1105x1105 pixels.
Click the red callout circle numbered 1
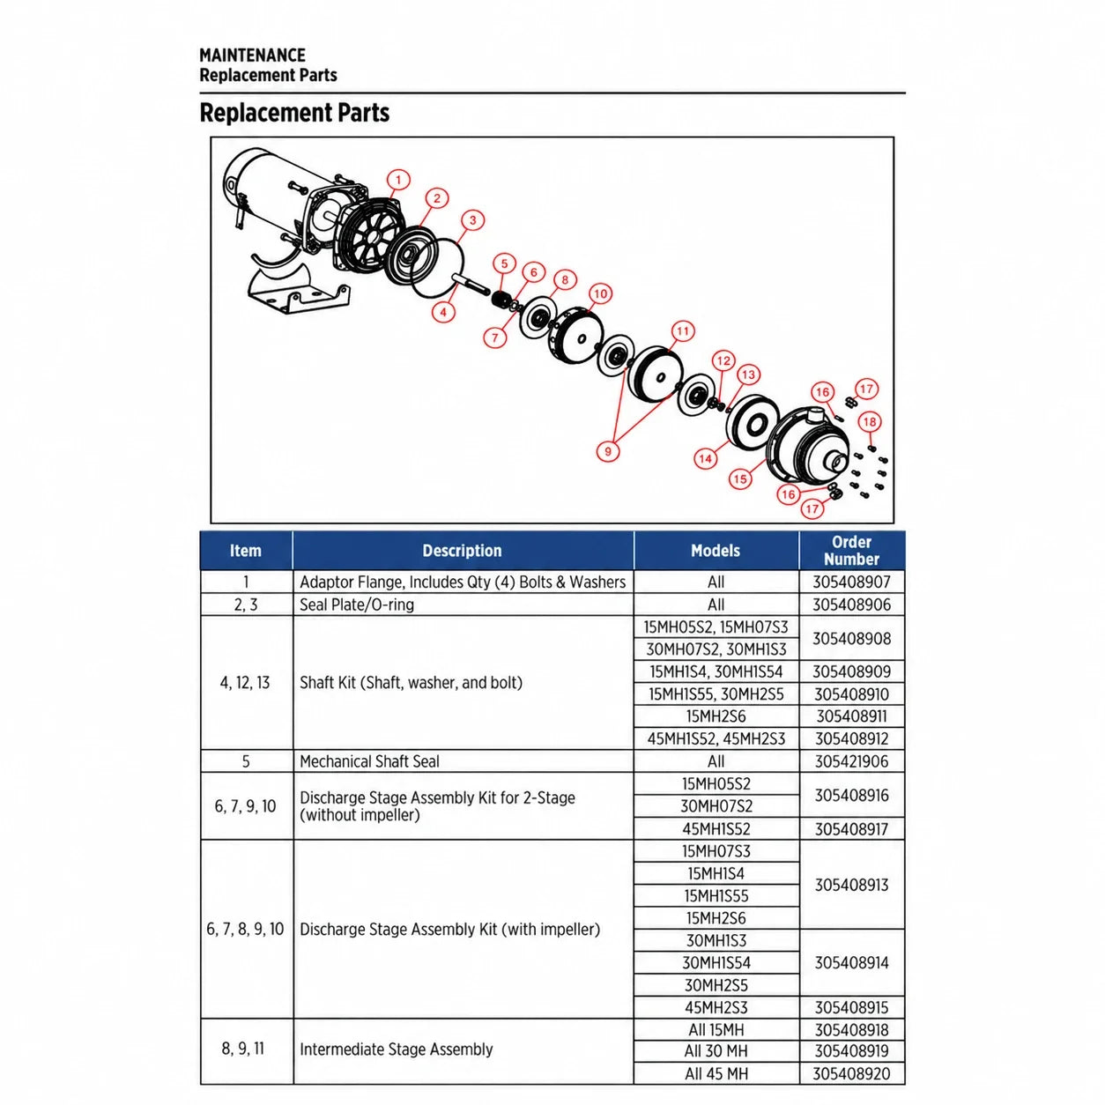click(x=398, y=180)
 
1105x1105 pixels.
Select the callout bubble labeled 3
click(x=472, y=220)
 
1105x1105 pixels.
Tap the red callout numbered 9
click(x=608, y=451)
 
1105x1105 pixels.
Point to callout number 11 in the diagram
click(x=682, y=330)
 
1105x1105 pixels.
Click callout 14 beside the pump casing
click(x=705, y=458)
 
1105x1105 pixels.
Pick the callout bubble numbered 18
click(x=870, y=422)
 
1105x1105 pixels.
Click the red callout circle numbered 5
click(x=504, y=263)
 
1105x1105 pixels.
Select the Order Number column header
click(x=851, y=550)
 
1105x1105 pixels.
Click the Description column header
click(x=462, y=551)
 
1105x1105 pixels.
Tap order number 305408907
click(x=851, y=582)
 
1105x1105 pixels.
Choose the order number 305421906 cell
click(x=851, y=761)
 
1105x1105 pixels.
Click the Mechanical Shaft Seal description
click(x=369, y=761)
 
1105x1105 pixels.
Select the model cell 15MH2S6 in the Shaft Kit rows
click(x=716, y=716)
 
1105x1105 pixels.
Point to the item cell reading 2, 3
click(x=246, y=604)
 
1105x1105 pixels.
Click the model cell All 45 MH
click(x=716, y=1073)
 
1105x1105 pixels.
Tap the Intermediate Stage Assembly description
click(x=397, y=1049)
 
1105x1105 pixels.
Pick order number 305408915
click(x=851, y=1007)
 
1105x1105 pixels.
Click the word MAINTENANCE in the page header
click(x=252, y=55)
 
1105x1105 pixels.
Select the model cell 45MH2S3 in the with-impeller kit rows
click(x=716, y=1007)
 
